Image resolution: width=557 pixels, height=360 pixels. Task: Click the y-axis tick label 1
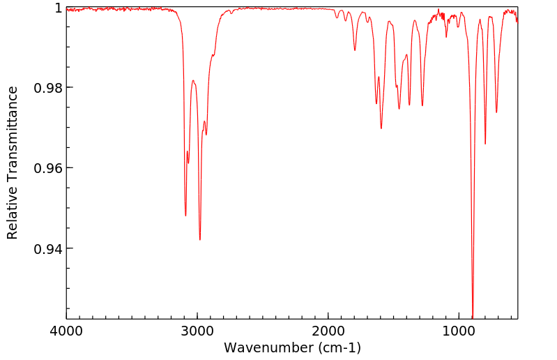(58, 8)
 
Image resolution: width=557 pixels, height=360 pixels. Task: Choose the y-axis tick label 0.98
(48, 88)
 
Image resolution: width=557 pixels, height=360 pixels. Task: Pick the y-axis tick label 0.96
(48, 168)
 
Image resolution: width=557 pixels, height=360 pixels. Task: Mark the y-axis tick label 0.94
(48, 249)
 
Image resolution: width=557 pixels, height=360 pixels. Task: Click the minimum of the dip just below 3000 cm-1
(200, 239)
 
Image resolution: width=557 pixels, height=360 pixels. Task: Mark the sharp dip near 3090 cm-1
(185, 216)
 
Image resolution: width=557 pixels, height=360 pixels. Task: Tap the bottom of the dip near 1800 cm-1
(355, 50)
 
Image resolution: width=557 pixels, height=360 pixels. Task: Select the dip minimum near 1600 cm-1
(381, 128)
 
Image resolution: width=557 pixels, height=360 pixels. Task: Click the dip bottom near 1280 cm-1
(422, 105)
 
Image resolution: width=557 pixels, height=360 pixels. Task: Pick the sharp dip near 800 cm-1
(485, 144)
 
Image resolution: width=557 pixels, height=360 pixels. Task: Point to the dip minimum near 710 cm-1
(496, 112)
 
